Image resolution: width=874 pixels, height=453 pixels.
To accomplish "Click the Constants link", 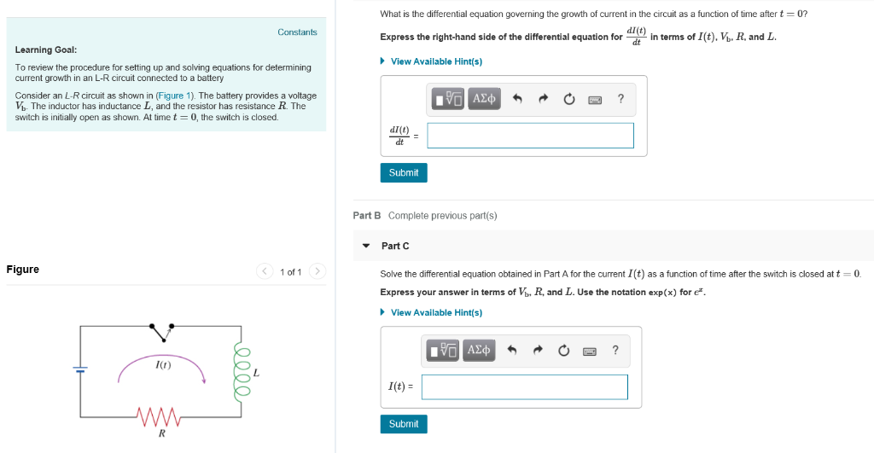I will click(297, 32).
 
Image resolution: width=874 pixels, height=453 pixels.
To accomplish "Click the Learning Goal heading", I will click(46, 49).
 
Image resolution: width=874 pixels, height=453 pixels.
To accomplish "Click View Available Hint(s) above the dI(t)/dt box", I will click(436, 61).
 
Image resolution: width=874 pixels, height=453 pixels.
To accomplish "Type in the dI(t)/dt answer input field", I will click(530, 136).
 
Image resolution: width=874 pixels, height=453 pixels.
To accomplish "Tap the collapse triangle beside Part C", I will click(366, 246).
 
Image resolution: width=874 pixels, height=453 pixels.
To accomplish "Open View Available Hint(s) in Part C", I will click(436, 312).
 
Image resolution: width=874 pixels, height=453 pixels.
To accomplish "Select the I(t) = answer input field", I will click(524, 386).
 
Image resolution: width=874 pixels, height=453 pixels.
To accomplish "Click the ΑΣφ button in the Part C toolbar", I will click(480, 350).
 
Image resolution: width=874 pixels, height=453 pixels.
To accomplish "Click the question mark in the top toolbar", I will click(621, 99).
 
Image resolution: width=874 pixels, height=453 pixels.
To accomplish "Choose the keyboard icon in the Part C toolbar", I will click(589, 350).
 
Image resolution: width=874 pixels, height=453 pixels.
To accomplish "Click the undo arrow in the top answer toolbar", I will click(516, 99).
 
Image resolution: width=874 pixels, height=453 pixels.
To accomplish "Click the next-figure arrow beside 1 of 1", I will click(317, 272).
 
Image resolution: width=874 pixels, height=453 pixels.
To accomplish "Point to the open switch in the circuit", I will click(161, 330).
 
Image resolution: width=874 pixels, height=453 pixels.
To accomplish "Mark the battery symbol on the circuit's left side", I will click(80, 369).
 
